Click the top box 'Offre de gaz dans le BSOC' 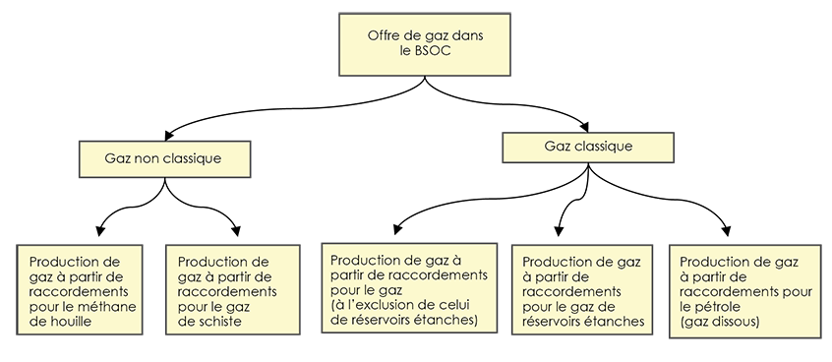click(x=426, y=43)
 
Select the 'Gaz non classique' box click(x=162, y=157)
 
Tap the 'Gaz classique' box click(x=588, y=147)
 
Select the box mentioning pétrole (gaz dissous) click(x=745, y=291)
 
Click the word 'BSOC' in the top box click(x=440, y=51)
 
